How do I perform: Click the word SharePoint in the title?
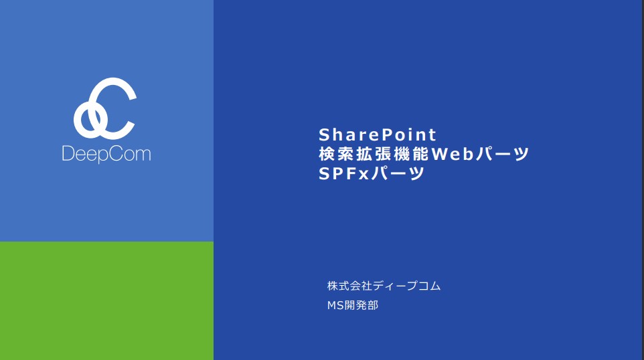(377, 134)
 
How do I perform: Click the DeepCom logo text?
(106, 154)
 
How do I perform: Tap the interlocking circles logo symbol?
(104, 108)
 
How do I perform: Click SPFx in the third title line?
(344, 173)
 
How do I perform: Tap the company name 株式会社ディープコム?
(384, 286)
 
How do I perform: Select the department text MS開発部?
(352, 305)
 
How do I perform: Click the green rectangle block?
(107, 301)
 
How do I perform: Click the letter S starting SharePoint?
(325, 134)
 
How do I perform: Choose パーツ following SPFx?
(397, 173)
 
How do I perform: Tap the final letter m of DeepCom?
(144, 155)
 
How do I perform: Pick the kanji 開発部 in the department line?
(361, 305)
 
